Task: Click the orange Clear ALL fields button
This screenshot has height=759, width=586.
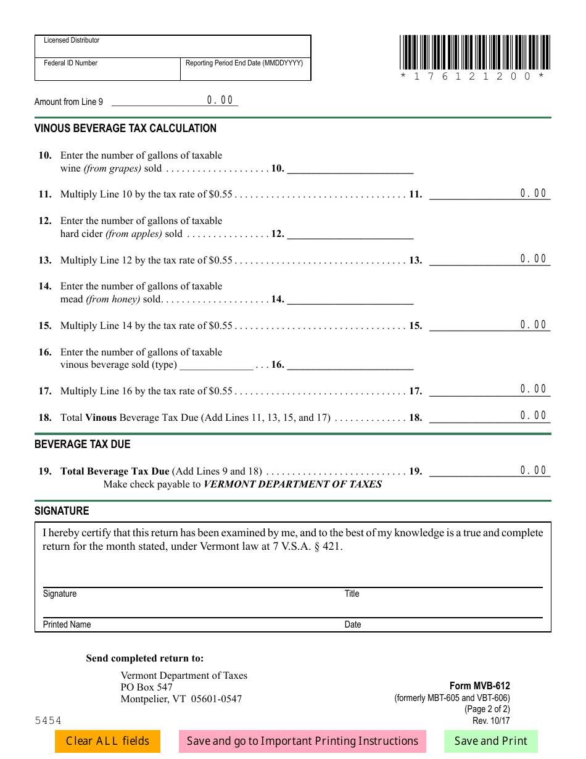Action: click(107, 741)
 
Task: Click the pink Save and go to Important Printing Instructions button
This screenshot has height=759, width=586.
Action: click(302, 741)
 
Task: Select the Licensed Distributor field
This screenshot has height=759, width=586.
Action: click(173, 47)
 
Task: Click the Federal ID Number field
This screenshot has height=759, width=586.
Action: click(107, 70)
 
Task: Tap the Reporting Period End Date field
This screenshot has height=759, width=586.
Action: click(246, 70)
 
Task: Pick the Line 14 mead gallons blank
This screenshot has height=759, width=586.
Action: click(350, 299)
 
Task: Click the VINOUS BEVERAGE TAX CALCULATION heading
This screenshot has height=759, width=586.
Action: click(125, 128)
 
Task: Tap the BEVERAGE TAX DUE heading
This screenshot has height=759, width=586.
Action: click(82, 444)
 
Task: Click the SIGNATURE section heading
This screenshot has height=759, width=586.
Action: click(62, 511)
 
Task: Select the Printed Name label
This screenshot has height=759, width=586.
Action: click(67, 624)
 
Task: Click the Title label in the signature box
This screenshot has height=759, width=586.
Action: click(352, 594)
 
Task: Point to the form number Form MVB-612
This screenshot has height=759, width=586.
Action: click(479, 686)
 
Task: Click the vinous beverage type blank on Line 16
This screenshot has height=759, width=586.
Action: click(216, 365)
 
